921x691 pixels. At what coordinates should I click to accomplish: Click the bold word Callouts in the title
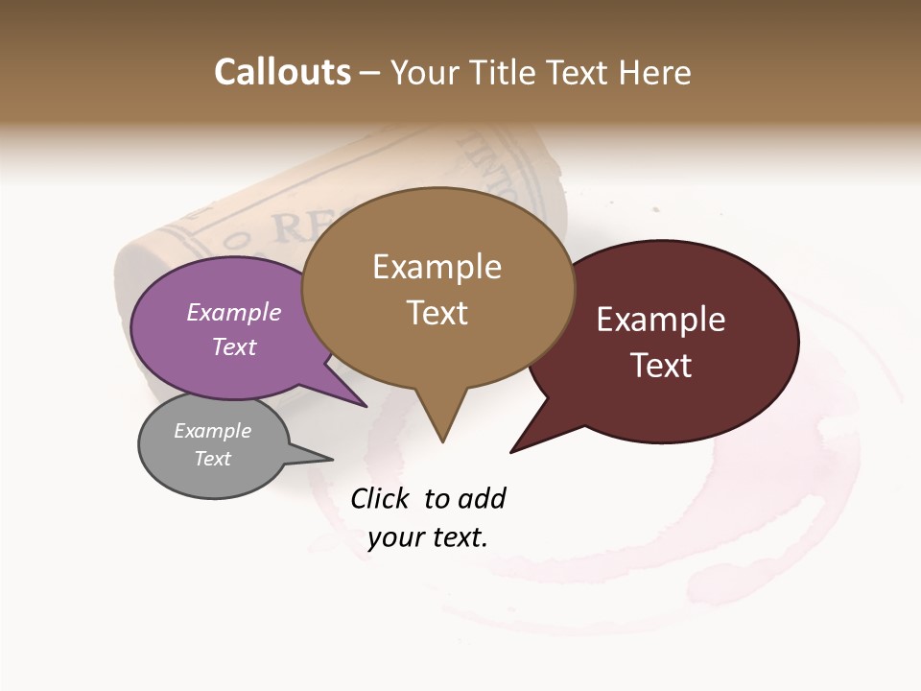[282, 72]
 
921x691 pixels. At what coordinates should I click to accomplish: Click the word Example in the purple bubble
[234, 312]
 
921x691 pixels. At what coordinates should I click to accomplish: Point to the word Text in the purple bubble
[234, 346]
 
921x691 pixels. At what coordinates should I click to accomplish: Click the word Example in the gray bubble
[212, 431]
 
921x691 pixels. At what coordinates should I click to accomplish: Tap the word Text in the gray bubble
[212, 459]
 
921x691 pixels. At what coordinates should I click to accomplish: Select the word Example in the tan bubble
[437, 267]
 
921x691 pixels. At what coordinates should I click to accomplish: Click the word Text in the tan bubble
[437, 313]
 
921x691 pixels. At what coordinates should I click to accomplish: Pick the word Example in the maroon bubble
[661, 320]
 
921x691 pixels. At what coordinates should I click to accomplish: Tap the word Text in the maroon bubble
[661, 366]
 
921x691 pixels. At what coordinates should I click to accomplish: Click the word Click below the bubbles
[380, 499]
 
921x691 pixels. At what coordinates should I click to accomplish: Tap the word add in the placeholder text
[481, 499]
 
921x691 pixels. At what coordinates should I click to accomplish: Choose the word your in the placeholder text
[393, 537]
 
